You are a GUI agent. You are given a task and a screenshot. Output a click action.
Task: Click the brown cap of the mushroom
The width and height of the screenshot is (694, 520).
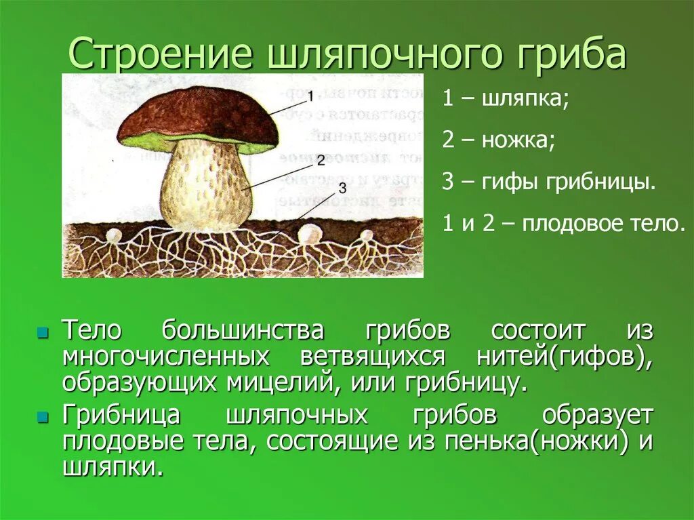pos(197,115)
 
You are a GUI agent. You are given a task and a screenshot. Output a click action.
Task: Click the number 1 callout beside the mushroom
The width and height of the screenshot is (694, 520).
pos(310,95)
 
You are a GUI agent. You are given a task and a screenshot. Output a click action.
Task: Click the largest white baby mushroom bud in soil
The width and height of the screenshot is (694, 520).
pos(310,235)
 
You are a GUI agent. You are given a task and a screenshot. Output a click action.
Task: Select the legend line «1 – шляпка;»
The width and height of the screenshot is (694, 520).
pos(506,99)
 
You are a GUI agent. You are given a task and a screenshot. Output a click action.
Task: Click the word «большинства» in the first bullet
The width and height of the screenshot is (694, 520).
pos(243,332)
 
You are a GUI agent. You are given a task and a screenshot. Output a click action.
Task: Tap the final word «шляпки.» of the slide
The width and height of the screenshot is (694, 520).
pos(113,468)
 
